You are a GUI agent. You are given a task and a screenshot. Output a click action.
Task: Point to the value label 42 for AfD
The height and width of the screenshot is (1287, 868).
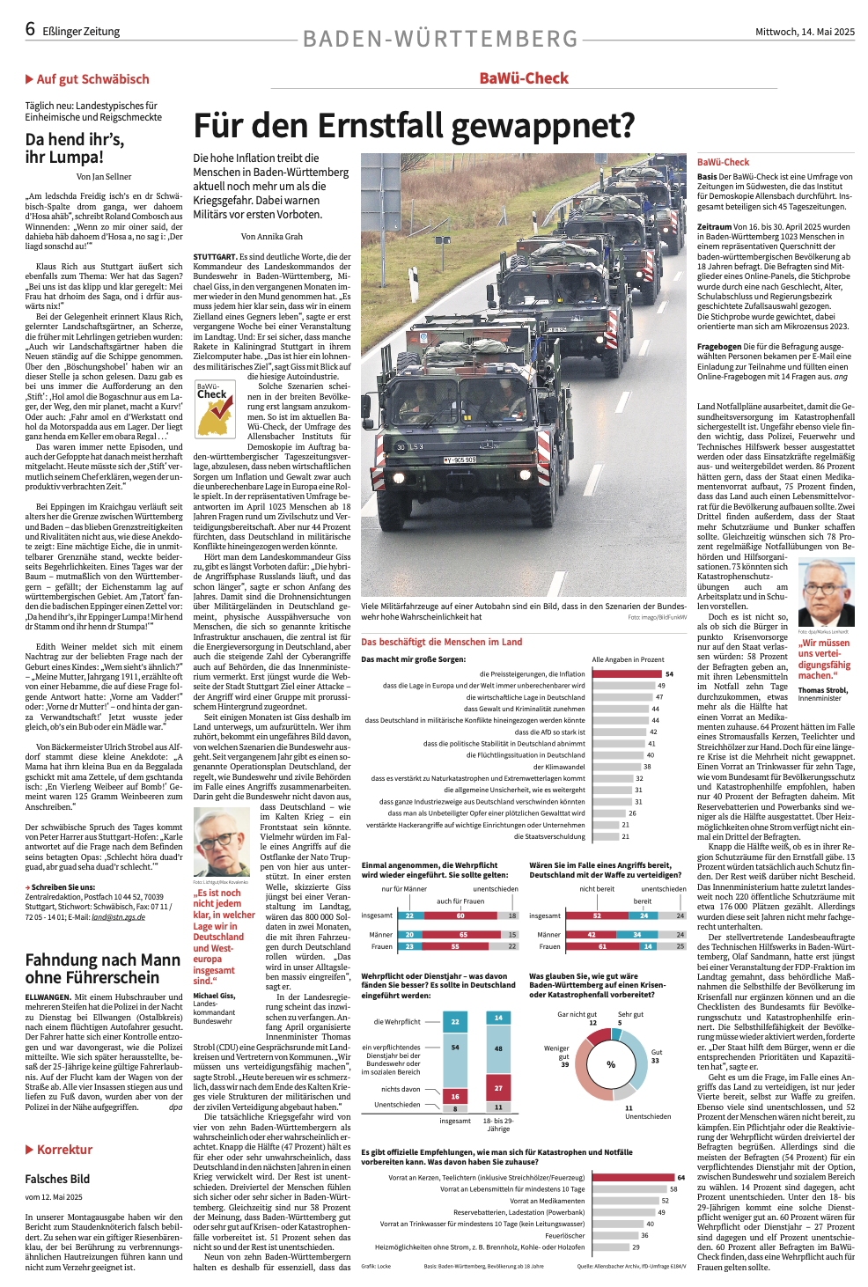[653, 732]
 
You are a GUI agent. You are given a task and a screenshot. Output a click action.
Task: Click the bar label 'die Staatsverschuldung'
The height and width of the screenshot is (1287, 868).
[549, 836]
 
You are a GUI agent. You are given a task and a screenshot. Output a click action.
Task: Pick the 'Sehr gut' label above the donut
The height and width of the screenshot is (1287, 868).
[630, 1014]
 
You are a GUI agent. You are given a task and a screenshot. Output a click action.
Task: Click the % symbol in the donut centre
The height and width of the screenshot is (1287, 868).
[611, 1064]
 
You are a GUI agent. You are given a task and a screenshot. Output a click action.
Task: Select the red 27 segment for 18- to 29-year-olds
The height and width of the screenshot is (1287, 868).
[498, 1088]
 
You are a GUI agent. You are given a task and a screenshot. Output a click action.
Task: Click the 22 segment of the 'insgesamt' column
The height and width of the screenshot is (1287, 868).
[455, 1021]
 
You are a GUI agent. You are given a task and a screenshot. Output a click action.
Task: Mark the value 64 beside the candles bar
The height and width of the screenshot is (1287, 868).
[680, 1177]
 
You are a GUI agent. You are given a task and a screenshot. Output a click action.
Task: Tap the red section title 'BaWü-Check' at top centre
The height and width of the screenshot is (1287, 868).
[524, 78]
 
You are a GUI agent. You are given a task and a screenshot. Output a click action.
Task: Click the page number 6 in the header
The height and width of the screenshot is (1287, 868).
[30, 29]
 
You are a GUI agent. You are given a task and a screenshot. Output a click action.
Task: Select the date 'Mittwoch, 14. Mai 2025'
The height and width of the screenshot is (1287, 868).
[805, 32]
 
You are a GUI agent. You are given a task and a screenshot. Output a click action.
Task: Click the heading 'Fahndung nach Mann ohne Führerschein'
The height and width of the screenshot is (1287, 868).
[103, 968]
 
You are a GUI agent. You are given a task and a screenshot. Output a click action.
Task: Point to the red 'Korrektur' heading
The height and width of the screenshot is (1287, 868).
[64, 1150]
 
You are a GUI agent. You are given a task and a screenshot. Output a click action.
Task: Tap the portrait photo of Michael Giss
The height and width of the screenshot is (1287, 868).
[221, 843]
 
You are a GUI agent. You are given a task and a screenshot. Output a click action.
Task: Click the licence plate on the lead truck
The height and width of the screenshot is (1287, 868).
[460, 460]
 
